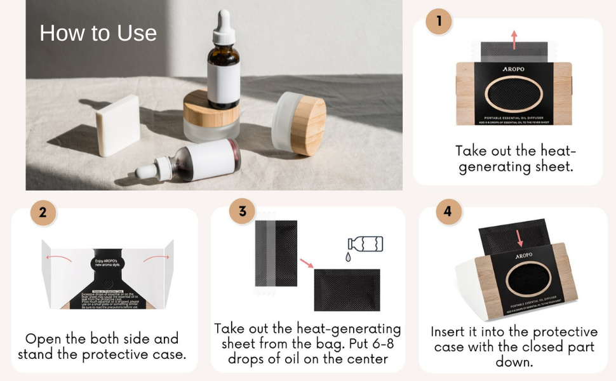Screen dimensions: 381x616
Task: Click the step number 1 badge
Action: (438, 22)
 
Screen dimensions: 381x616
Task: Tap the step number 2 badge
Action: (43, 213)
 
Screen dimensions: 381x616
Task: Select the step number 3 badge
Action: (242, 211)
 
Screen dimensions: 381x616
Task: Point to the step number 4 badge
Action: (448, 211)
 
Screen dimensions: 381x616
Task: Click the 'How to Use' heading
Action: (98, 33)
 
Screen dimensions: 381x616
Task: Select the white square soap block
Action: (118, 125)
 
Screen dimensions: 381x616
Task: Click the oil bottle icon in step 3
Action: (365, 244)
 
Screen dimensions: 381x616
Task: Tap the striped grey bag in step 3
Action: (276, 253)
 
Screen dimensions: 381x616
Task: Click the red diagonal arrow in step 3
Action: (307, 262)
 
